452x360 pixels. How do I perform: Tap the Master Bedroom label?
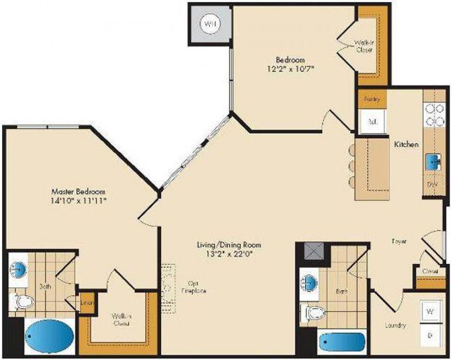(78, 191)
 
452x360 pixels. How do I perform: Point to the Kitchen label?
(406, 144)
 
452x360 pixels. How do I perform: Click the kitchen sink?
(434, 162)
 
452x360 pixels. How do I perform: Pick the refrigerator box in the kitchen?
(373, 121)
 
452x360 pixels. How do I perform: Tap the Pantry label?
(372, 100)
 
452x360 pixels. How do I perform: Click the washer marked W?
(429, 311)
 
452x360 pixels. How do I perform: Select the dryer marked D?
(429, 335)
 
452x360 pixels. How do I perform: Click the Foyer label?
(399, 241)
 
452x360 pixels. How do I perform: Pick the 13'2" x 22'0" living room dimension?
(229, 253)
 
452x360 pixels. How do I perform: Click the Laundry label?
(395, 325)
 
